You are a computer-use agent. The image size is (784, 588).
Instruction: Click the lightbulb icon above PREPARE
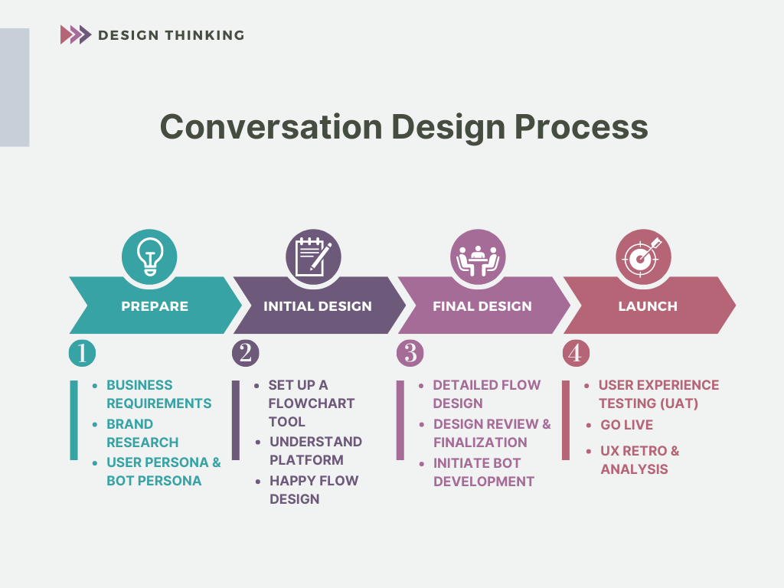[x=149, y=256]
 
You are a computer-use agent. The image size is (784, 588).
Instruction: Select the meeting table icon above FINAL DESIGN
[x=478, y=260]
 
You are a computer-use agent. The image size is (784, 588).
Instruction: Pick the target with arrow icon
[x=643, y=257]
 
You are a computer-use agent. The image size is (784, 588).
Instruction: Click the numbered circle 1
[x=82, y=353]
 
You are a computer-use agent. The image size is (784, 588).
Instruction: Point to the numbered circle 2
[x=246, y=353]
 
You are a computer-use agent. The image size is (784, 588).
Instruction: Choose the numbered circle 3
[x=410, y=353]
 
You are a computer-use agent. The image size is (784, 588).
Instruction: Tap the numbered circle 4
[x=576, y=353]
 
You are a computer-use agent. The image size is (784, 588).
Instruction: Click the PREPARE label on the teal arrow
[x=155, y=306]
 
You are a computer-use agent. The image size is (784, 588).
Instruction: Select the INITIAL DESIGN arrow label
[x=318, y=306]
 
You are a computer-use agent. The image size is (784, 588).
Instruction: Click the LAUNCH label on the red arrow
[x=648, y=306]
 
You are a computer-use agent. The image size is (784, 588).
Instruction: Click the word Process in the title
[x=582, y=126]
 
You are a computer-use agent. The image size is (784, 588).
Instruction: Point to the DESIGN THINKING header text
[x=171, y=35]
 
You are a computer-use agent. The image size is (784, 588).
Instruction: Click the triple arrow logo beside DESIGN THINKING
[x=76, y=35]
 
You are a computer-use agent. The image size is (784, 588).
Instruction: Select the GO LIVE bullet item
[x=626, y=425]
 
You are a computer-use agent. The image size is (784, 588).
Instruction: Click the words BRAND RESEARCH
[x=142, y=433]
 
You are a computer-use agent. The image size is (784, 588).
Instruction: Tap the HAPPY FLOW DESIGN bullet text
[x=314, y=489]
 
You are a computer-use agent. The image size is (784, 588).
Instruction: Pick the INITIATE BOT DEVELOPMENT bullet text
[x=484, y=472]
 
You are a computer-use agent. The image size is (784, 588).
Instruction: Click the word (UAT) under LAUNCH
[x=680, y=403]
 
